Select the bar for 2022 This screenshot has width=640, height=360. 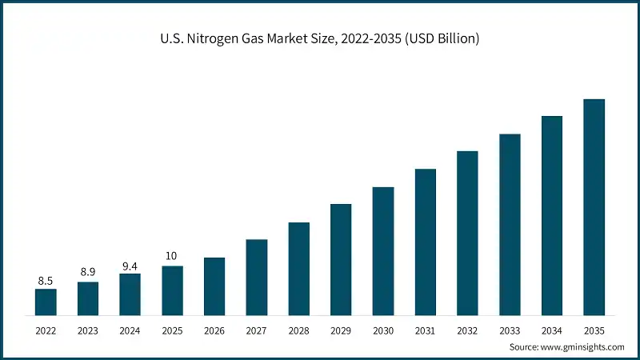[x=46, y=302]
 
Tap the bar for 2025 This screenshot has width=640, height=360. [x=172, y=290]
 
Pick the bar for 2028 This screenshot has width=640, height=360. [x=298, y=268]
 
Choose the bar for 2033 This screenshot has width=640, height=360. [x=510, y=224]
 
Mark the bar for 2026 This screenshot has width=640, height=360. [x=214, y=286]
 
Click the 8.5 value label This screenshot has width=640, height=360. [x=46, y=281]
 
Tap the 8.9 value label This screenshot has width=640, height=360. [x=88, y=273]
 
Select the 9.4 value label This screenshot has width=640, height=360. [x=130, y=265]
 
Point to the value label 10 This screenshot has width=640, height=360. [x=172, y=256]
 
